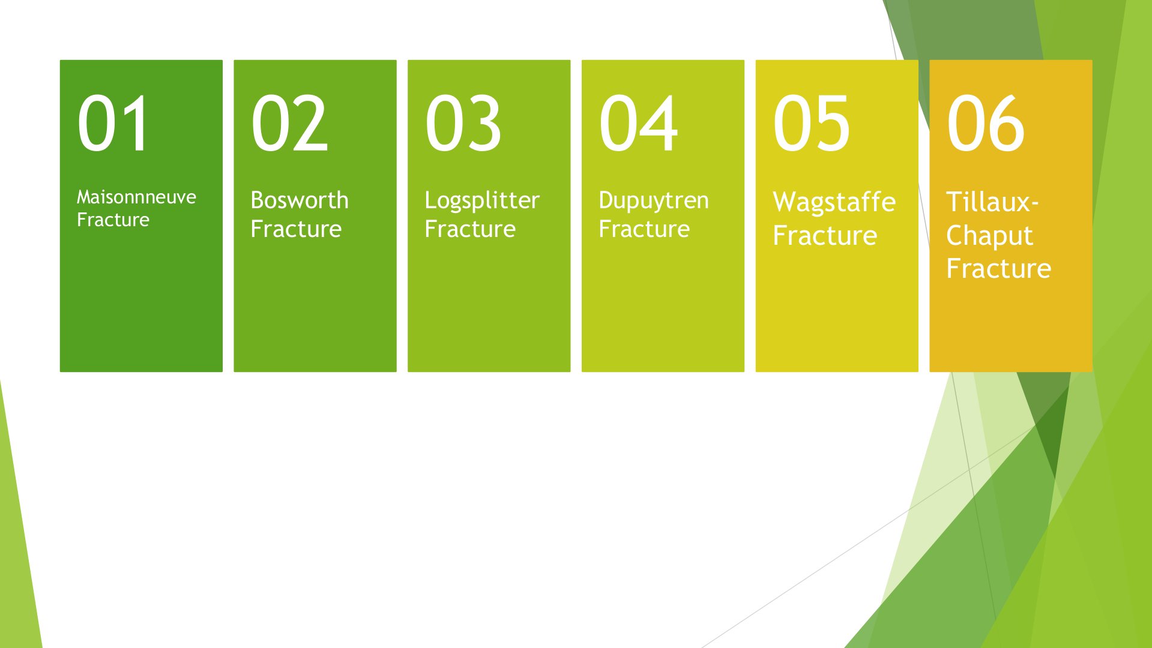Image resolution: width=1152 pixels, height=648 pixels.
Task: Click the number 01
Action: tap(112, 123)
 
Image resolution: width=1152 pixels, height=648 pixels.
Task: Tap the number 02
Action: tap(289, 123)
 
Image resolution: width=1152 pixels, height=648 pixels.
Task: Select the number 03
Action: tap(463, 123)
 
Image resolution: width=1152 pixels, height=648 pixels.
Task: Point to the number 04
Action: tap(639, 123)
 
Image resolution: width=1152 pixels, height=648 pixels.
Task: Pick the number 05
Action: tap(812, 123)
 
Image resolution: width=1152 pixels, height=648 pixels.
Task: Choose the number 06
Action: tap(986, 123)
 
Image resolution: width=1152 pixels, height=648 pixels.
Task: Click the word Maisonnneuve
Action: tap(136, 197)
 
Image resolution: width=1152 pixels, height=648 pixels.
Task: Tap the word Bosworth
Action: tap(300, 200)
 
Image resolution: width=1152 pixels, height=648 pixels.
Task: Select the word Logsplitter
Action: tap(482, 201)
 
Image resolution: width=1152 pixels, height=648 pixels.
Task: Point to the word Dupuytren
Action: tap(654, 201)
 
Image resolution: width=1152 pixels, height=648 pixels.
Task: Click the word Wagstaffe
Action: tap(834, 203)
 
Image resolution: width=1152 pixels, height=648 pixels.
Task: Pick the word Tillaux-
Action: tap(992, 202)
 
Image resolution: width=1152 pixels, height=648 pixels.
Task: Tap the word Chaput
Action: tap(989, 236)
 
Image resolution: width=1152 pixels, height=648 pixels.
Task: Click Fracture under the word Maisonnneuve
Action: tap(113, 220)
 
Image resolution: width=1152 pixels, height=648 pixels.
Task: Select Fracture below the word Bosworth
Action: tap(296, 229)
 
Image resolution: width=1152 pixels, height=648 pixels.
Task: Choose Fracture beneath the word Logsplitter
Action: tap(470, 229)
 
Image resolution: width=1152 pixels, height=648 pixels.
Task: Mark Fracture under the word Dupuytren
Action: tap(644, 229)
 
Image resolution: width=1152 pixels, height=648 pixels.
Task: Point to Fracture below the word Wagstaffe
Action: tap(825, 235)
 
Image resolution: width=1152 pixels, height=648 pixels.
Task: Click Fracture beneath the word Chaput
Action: tap(998, 268)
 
